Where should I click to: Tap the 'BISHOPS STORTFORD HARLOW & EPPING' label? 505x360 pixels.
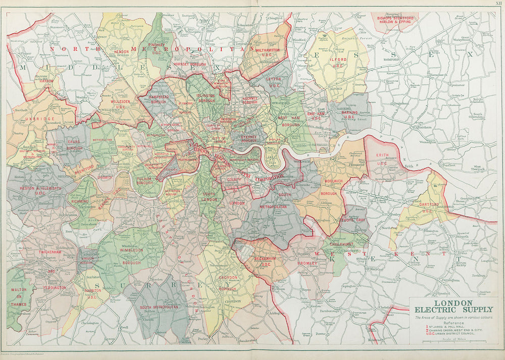[x=395, y=20]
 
